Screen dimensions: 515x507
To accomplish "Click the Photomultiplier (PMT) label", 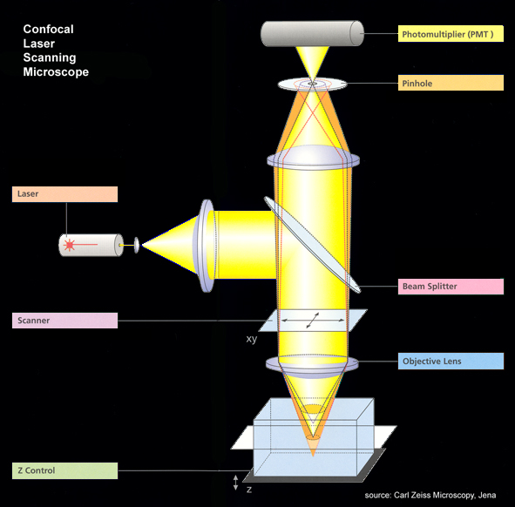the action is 451,33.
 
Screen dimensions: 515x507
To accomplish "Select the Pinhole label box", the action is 451,83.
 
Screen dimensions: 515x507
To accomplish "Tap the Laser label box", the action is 64,194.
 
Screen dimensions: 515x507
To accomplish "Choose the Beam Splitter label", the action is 451,287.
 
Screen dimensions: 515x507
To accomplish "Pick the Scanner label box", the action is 64,321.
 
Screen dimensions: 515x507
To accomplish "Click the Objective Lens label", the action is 451,362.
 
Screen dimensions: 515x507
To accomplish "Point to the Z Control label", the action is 64,470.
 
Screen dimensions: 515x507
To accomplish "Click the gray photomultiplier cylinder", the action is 312,33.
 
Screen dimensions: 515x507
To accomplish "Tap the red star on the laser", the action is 70,245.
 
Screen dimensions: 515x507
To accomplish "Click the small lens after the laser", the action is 137,245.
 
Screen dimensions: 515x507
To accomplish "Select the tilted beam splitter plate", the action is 312,245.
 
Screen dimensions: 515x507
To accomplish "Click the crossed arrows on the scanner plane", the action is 313,321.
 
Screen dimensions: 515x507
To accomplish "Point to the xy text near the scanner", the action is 252,339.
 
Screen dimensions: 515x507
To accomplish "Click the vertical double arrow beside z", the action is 235,483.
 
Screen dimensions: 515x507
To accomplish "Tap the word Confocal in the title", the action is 48,30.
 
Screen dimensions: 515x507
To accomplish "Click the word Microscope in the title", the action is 56,72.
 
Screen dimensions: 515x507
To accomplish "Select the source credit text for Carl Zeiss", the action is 430,495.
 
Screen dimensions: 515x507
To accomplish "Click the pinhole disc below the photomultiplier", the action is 312,84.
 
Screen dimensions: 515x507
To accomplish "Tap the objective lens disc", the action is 312,365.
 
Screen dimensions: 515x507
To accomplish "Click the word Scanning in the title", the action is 50,57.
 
